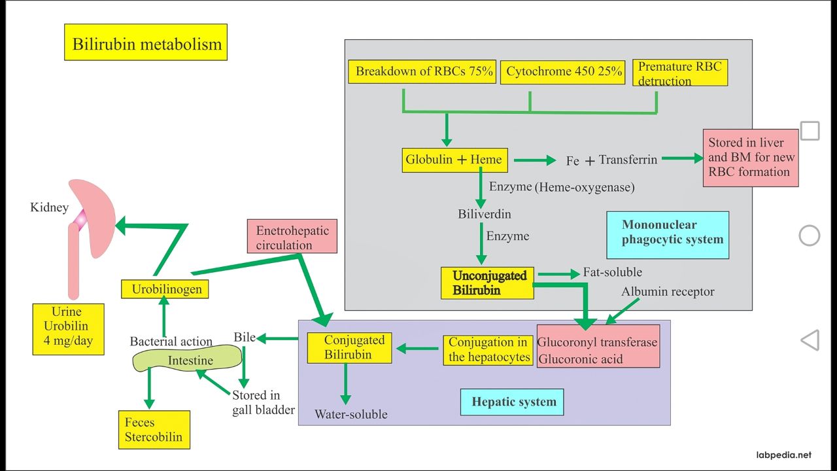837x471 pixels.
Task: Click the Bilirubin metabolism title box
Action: click(146, 43)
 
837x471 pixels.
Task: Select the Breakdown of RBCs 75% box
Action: click(424, 71)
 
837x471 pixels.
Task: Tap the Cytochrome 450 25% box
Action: click(563, 72)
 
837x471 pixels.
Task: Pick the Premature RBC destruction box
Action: click(680, 73)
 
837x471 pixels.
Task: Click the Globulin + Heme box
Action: click(454, 160)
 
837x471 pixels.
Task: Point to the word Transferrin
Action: click(628, 160)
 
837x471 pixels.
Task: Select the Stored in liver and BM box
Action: click(751, 158)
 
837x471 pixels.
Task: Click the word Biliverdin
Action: click(485, 214)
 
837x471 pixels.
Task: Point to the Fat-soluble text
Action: click(613, 272)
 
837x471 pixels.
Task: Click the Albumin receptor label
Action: click(668, 292)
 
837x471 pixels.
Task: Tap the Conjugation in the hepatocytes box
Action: click(488, 350)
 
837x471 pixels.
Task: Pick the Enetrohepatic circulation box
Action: click(292, 236)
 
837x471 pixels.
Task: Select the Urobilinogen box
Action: click(165, 289)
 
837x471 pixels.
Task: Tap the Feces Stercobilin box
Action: click(154, 430)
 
